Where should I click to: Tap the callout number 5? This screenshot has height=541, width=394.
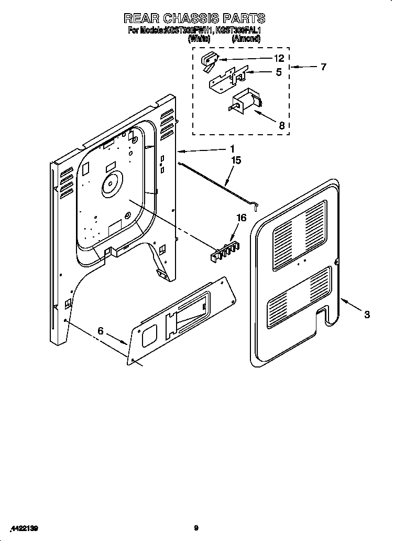pos(279,72)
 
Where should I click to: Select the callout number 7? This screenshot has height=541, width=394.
pos(323,67)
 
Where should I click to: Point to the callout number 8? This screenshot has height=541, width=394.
pos(281,125)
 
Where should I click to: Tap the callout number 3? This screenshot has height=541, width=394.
pos(367,315)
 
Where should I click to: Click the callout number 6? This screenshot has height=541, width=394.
pos(101,331)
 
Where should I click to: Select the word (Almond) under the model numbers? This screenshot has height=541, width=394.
pos(246,38)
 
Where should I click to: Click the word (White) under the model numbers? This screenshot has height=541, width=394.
pos(199,38)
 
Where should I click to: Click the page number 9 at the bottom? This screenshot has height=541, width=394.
pos(196,528)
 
